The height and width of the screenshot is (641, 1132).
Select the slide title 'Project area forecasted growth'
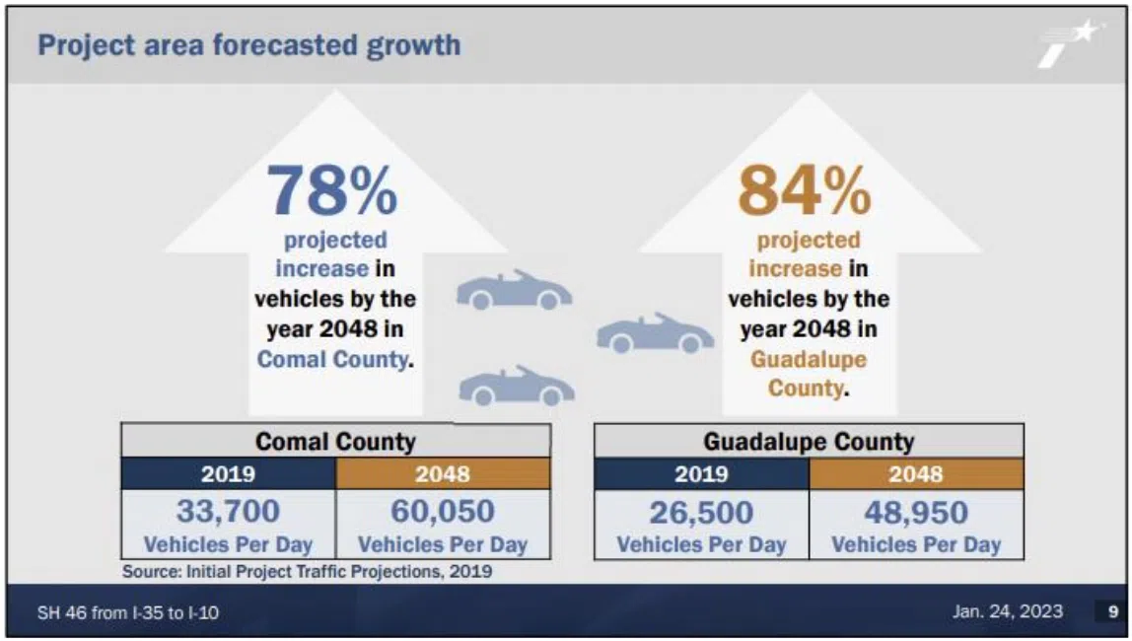click(x=248, y=45)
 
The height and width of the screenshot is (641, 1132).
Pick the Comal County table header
click(x=335, y=441)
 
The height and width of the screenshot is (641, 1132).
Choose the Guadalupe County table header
click(x=809, y=441)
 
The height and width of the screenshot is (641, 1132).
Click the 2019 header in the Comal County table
click(x=228, y=474)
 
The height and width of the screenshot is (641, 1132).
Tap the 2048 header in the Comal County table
click(x=443, y=474)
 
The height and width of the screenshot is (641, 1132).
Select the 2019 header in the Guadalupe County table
click(x=701, y=474)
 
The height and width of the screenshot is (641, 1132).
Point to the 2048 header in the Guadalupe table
click(x=916, y=474)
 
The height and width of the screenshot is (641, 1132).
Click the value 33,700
click(x=228, y=512)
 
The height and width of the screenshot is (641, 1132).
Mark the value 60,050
click(x=443, y=512)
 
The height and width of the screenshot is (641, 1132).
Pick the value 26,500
click(x=701, y=513)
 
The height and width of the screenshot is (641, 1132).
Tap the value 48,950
click(x=916, y=513)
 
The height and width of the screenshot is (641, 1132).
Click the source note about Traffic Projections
click(x=307, y=571)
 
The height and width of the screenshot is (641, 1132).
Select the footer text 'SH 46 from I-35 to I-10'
click(x=128, y=612)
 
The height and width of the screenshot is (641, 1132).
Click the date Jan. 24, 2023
click(x=1008, y=611)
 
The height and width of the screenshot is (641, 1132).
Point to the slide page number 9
click(x=1111, y=612)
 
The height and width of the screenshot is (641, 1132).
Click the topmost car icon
click(x=514, y=290)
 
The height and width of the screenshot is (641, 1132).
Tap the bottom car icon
click(x=516, y=386)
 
